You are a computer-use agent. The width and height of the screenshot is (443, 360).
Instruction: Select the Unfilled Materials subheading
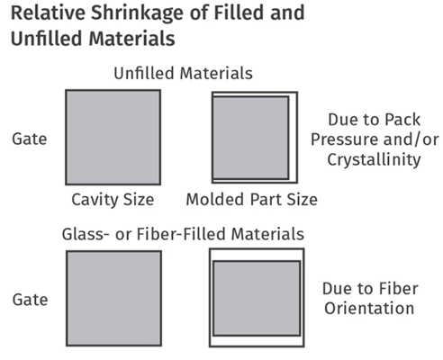(x=183, y=73)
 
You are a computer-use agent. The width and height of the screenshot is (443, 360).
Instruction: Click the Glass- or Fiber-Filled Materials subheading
(x=183, y=234)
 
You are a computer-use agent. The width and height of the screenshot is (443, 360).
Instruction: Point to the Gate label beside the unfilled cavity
(x=30, y=139)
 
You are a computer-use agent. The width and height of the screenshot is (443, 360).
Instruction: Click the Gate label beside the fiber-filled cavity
(x=30, y=300)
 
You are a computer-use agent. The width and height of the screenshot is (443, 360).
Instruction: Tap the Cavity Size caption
(x=113, y=200)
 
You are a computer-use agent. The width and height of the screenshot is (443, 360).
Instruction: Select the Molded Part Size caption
(x=252, y=199)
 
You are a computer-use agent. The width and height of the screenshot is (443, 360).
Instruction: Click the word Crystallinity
(x=374, y=159)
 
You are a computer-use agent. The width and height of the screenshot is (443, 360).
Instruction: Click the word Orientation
(x=369, y=308)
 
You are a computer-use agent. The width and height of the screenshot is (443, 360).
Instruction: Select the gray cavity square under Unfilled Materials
(x=113, y=137)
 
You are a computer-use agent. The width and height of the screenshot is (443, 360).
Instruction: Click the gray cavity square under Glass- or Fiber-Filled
(x=114, y=299)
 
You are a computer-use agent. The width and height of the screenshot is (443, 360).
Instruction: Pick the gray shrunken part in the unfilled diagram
(x=250, y=138)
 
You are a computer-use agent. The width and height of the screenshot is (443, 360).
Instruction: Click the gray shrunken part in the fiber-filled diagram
(x=257, y=298)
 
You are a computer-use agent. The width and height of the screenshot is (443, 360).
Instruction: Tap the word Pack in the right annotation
(x=402, y=120)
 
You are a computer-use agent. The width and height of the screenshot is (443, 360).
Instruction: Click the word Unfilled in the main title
(x=47, y=39)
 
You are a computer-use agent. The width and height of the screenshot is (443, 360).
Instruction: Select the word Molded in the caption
(x=215, y=199)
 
